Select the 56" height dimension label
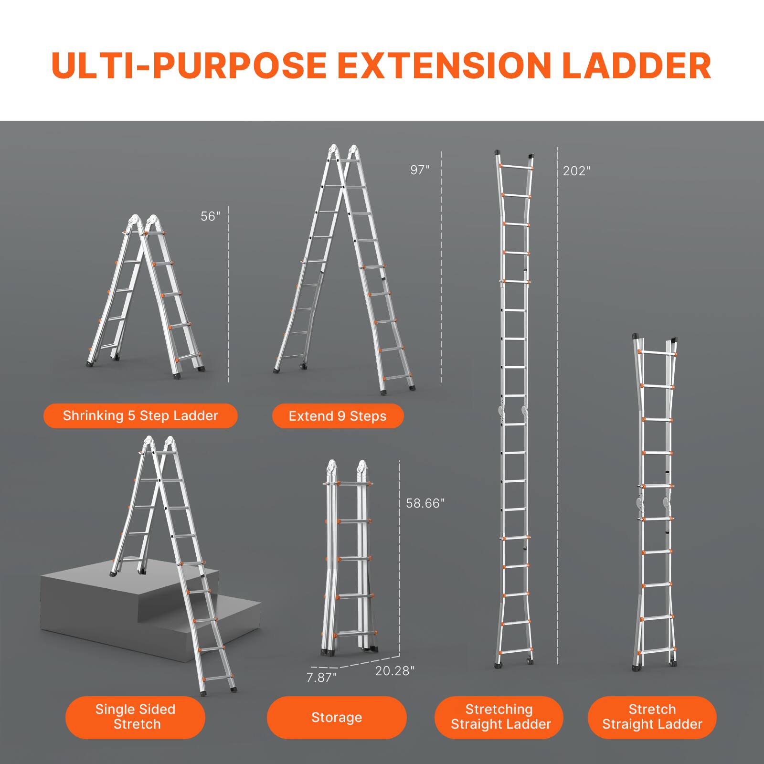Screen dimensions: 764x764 211,216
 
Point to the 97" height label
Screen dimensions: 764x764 420,170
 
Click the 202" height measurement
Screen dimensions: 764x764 577,171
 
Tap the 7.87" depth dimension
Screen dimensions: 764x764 321,677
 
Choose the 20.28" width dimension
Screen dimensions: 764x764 395,671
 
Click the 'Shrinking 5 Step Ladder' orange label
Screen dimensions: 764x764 140,416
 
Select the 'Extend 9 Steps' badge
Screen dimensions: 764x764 338,416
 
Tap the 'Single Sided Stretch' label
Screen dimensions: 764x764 136,717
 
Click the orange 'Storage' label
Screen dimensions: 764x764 337,718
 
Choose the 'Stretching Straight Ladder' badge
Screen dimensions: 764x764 499,717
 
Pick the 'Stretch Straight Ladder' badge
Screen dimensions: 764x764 652,717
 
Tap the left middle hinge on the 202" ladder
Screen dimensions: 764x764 501,410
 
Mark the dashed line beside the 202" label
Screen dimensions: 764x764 558,406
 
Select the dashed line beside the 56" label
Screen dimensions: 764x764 229,294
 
